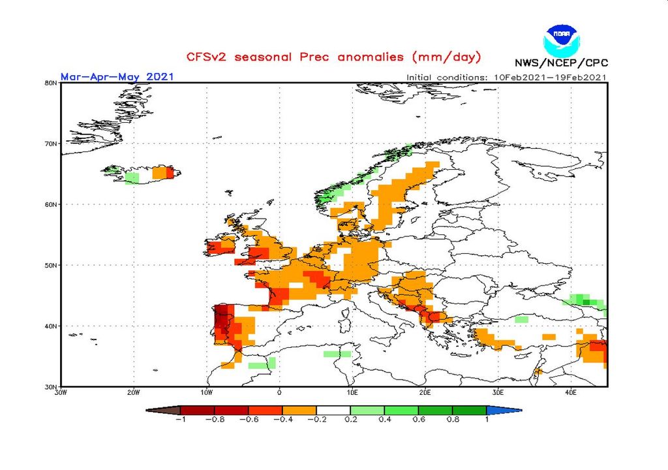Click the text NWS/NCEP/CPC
(561, 63)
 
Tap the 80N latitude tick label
(50, 83)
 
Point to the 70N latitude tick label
(50, 144)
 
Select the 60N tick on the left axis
(50, 204)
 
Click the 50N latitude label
(50, 265)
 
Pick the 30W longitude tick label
(61, 392)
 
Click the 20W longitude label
(134, 392)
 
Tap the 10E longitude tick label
(352, 392)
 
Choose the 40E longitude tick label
(571, 392)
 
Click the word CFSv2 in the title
(207, 57)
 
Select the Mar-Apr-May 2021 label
(117, 76)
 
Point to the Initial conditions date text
(507, 77)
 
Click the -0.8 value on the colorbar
(215, 420)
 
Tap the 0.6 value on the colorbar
(418, 420)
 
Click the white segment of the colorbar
(333, 410)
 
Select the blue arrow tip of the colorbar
(513, 410)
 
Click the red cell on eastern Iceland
(171, 173)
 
